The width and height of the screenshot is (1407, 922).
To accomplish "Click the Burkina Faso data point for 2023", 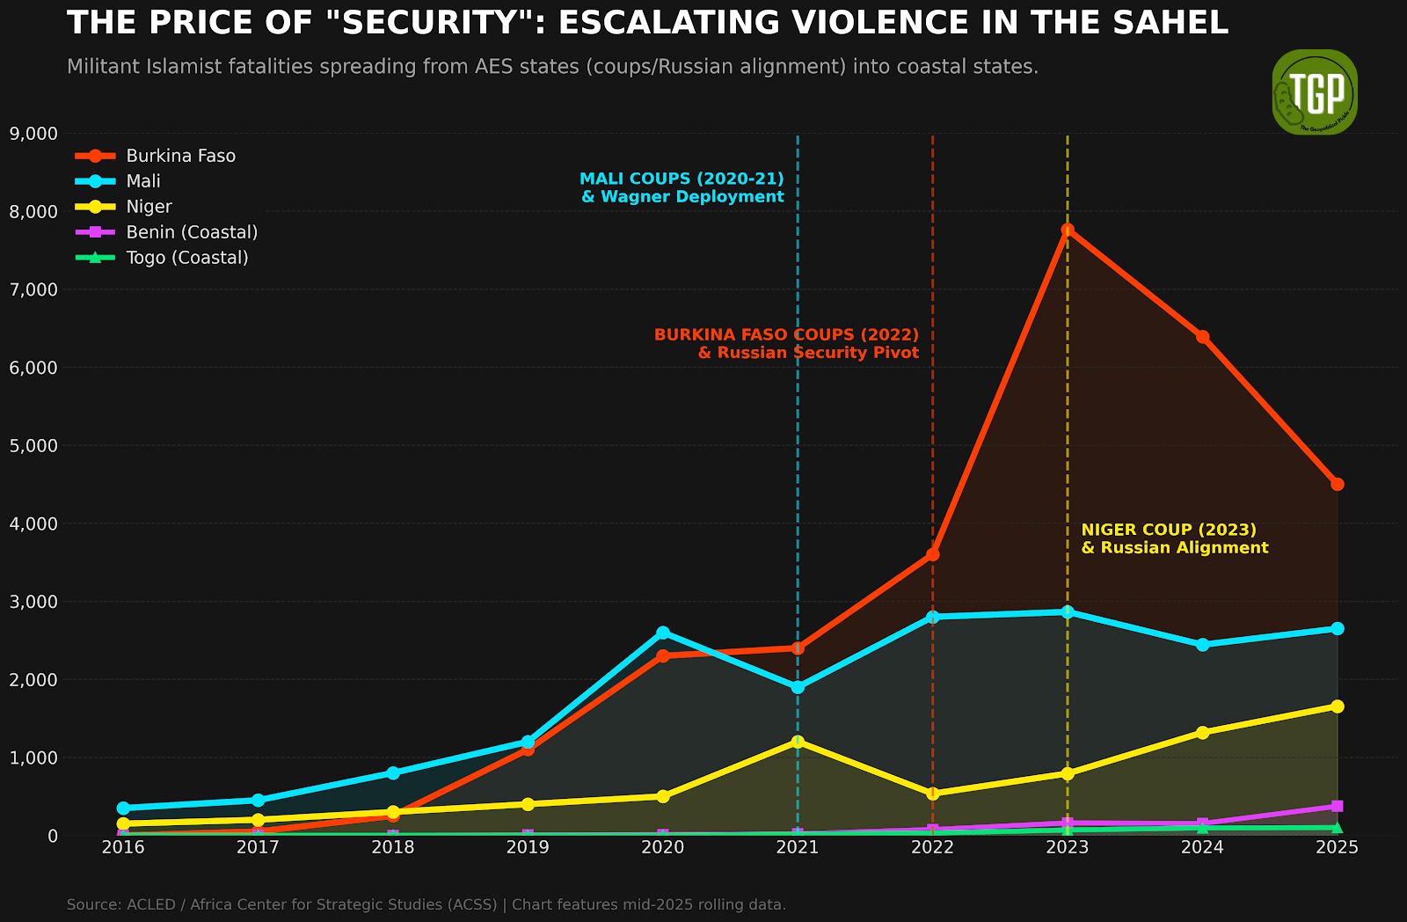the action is [x=1068, y=230].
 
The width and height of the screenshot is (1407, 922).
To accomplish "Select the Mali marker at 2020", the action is [x=663, y=633].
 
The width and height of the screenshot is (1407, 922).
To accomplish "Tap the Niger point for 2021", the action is [x=798, y=742].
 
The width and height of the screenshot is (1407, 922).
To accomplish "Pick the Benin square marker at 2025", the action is [x=1338, y=806].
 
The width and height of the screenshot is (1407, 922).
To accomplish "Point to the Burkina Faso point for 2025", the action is [x=1338, y=484].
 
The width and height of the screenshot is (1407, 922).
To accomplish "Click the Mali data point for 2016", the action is [x=123, y=808].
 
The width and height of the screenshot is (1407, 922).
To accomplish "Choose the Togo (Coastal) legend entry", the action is [x=162, y=258].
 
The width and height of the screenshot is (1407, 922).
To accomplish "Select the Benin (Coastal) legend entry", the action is [x=166, y=232].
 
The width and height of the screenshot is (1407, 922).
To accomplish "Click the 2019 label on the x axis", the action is [x=528, y=848].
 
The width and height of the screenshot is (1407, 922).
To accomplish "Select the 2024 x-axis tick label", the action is [x=1202, y=848].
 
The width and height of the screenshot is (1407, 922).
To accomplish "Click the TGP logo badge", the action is [x=1315, y=91].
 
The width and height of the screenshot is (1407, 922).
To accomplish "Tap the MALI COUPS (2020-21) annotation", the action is [x=682, y=179].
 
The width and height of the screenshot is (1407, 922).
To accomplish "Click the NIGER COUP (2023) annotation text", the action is [x=1169, y=530].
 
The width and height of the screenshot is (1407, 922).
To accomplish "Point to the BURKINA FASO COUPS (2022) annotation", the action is [x=786, y=334].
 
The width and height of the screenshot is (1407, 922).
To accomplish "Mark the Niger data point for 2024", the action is [x=1202, y=732].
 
